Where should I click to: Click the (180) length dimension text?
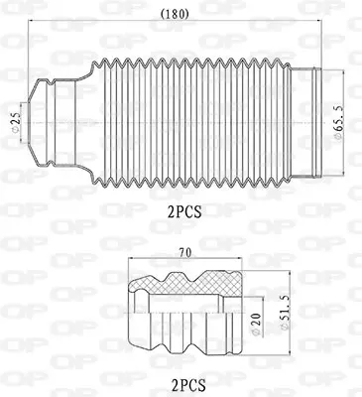[175, 14]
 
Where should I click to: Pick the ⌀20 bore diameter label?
[257, 322]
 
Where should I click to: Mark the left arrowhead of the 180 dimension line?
[29, 24]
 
